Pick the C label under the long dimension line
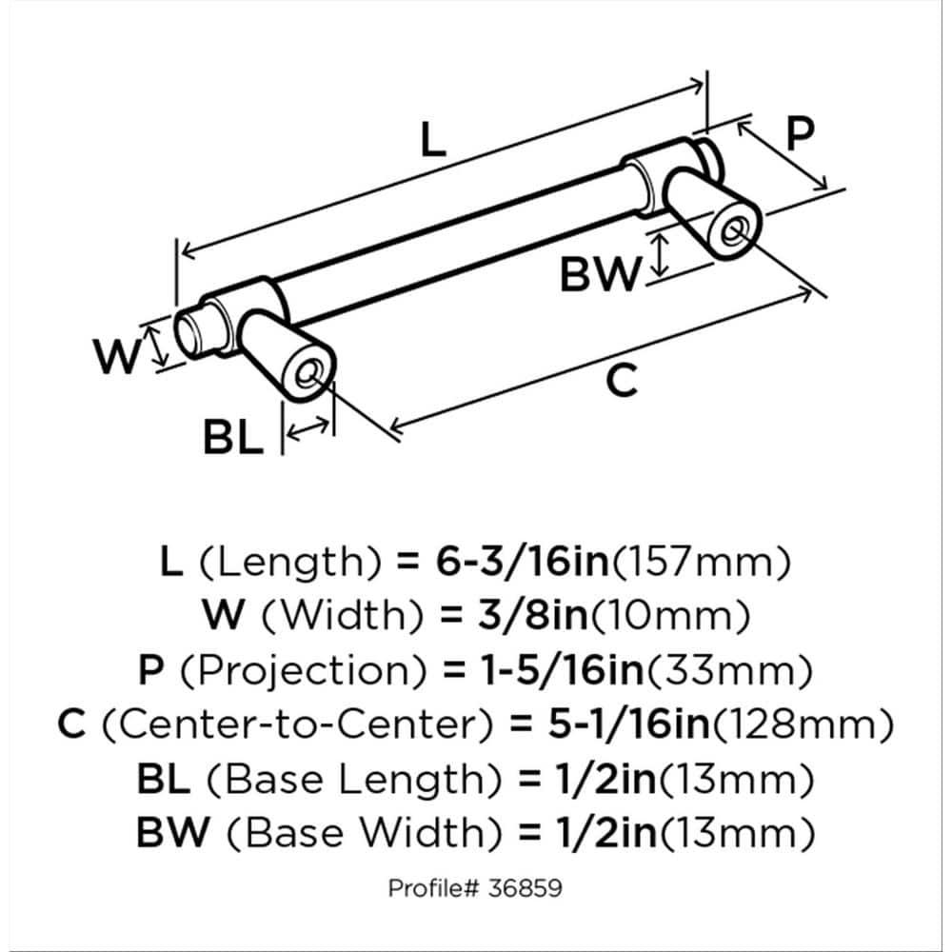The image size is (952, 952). point(621,382)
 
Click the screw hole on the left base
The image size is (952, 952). point(307,373)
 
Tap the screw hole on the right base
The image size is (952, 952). point(732,231)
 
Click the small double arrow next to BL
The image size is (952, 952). point(308,432)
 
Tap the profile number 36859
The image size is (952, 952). point(526,889)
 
